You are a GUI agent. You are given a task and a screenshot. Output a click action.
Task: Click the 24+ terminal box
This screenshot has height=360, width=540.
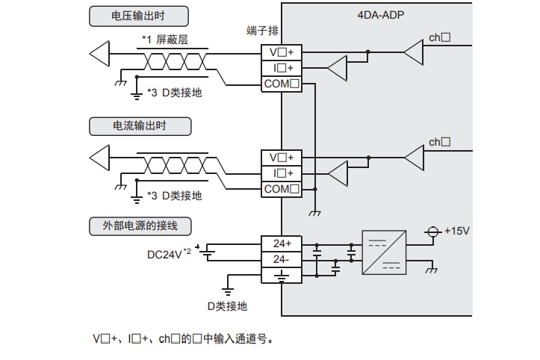(x=282, y=244)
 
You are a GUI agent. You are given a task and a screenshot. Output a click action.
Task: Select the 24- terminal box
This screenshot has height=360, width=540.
(x=282, y=259)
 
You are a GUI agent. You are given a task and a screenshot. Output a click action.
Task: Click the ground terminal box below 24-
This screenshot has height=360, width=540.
(x=282, y=275)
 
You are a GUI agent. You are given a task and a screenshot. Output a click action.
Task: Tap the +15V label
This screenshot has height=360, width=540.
(x=456, y=230)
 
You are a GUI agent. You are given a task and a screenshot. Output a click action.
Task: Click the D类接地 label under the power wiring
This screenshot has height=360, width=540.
(x=227, y=306)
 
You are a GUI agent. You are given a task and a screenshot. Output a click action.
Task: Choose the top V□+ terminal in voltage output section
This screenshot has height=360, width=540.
(x=282, y=52)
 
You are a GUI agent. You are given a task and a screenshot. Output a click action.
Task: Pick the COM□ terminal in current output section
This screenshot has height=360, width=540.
(x=282, y=189)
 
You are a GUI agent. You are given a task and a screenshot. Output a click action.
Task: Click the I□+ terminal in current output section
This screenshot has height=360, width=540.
(x=282, y=173)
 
